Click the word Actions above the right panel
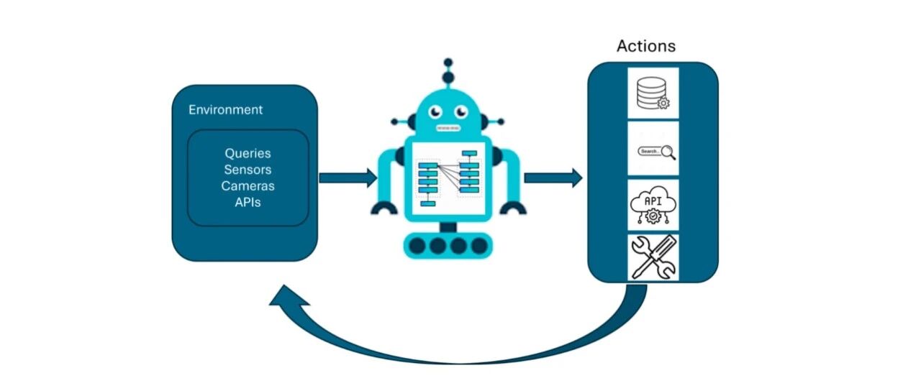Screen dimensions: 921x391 [646, 46]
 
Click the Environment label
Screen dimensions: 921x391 [225, 110]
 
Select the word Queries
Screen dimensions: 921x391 [248, 154]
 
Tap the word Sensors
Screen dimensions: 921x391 [248, 170]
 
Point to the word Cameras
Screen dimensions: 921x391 [248, 186]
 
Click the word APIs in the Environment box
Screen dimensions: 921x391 [248, 202]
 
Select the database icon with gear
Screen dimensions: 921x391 [653, 93]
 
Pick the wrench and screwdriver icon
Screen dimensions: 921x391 [653, 257]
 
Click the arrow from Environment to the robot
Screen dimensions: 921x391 [348, 178]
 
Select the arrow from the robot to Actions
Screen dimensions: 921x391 [553, 178]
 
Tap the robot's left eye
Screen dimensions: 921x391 [435, 111]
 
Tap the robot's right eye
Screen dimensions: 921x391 [461, 111]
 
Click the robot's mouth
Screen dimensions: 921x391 [448, 129]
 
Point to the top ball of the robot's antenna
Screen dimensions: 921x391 [448, 63]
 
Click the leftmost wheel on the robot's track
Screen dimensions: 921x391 [417, 246]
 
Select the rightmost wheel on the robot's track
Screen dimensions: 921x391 [479, 246]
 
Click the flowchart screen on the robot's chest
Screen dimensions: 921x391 [448, 179]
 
